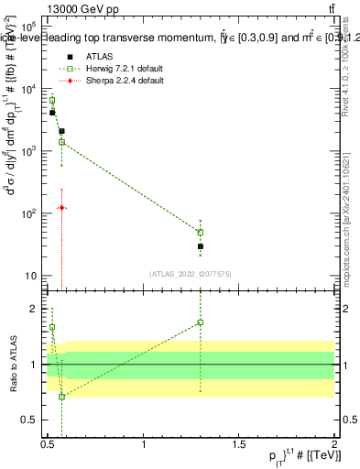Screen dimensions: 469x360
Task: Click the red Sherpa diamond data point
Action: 61,208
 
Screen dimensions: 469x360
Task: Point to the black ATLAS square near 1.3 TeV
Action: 200,246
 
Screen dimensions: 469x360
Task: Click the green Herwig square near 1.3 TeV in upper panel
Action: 200,232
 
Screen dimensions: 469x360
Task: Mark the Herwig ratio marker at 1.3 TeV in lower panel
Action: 200,322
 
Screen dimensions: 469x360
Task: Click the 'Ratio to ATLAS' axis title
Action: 12,365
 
